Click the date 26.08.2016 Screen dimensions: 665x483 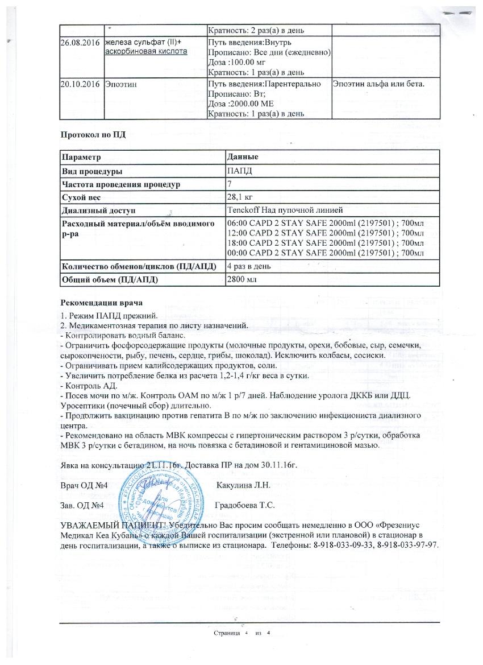pyautogui.click(x=80, y=43)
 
